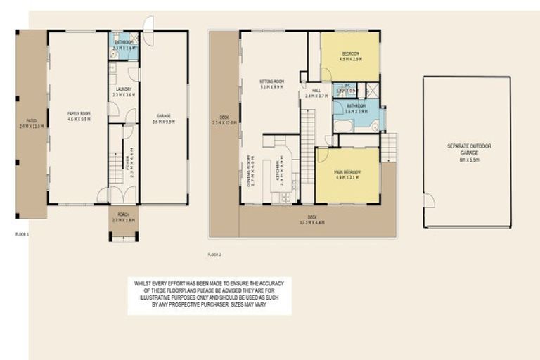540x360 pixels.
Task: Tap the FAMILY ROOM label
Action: tap(78, 116)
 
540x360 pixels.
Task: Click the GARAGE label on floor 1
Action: tap(164, 118)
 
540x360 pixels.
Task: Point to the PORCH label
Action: tap(124, 218)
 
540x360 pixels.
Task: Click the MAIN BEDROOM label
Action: tap(348, 175)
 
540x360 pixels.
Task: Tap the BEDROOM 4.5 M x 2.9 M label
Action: tap(351, 57)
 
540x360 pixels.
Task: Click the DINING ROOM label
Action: tap(251, 172)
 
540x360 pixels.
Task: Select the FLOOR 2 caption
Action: tap(216, 253)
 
